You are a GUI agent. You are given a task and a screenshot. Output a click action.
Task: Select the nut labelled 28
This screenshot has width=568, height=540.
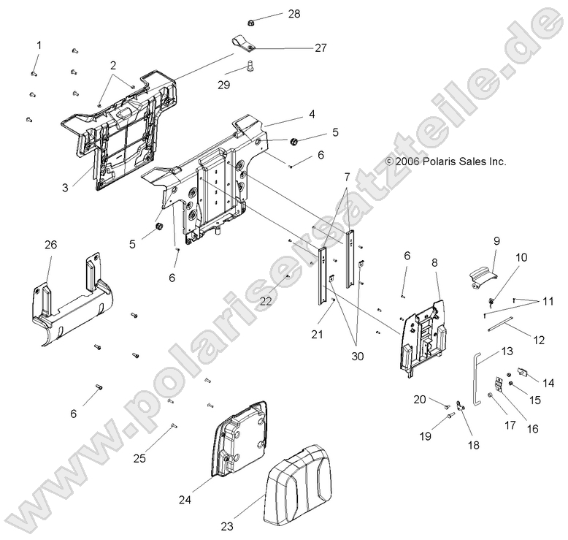tap(250, 20)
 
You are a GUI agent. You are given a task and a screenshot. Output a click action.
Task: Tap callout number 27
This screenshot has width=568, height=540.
tap(321, 47)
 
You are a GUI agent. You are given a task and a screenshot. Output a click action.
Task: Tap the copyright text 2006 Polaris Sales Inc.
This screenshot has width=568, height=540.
tap(446, 161)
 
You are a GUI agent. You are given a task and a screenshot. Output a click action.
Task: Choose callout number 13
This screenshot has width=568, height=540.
tap(507, 351)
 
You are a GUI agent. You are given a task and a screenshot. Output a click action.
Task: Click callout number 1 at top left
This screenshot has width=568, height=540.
tap(38, 45)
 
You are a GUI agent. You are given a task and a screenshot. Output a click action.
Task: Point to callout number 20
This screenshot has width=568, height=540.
tap(419, 399)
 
